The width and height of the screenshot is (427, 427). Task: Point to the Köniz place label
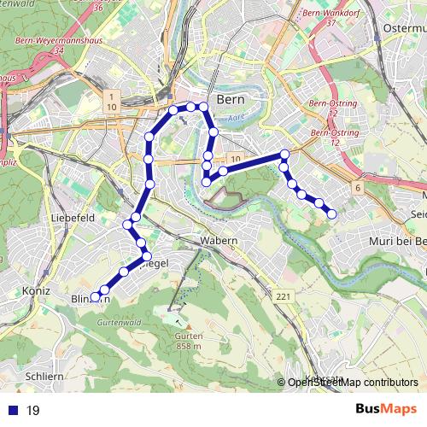click(16, 290)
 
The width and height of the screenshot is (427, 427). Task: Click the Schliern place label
click(44, 377)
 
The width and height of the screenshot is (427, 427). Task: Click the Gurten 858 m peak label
click(190, 342)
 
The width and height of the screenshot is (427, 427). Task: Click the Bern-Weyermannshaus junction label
click(56, 40)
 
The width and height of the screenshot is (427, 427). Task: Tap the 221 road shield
click(284, 295)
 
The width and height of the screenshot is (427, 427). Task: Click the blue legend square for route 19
click(12, 411)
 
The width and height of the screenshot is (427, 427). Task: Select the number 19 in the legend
click(33, 411)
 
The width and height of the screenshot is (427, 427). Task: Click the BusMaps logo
click(386, 410)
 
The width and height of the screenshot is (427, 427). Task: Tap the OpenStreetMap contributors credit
click(353, 383)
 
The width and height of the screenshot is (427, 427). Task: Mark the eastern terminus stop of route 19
click(331, 213)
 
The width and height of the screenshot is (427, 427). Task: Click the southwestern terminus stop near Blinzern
click(95, 297)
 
